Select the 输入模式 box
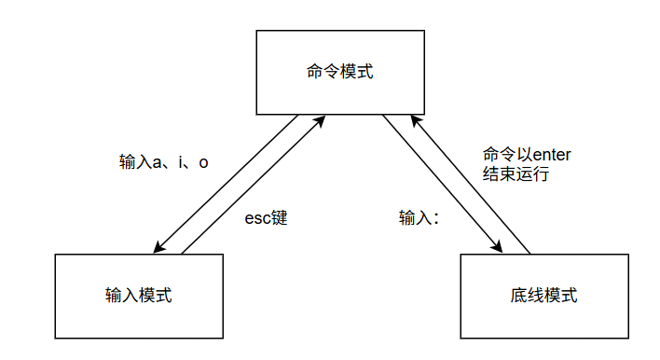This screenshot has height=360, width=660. coord(139,296)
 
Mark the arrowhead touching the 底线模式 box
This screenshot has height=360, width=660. coord(497,248)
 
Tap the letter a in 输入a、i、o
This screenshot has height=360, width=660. coord(156,161)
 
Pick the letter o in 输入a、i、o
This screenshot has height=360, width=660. coord(203,161)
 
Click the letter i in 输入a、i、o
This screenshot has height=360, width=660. coord(179,161)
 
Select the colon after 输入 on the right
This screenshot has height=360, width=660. coord(434,220)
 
